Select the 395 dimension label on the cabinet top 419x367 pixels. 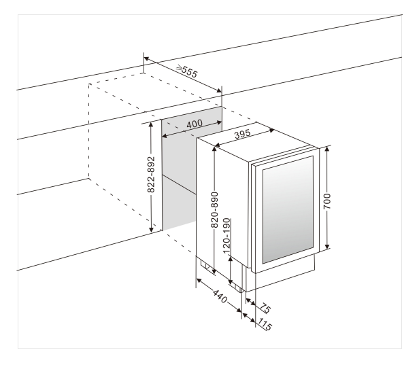tap(242, 134)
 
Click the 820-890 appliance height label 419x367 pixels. tap(214, 207)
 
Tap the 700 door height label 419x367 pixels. tap(328, 202)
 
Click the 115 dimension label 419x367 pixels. tap(265, 325)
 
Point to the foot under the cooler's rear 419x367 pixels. tap(203, 265)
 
